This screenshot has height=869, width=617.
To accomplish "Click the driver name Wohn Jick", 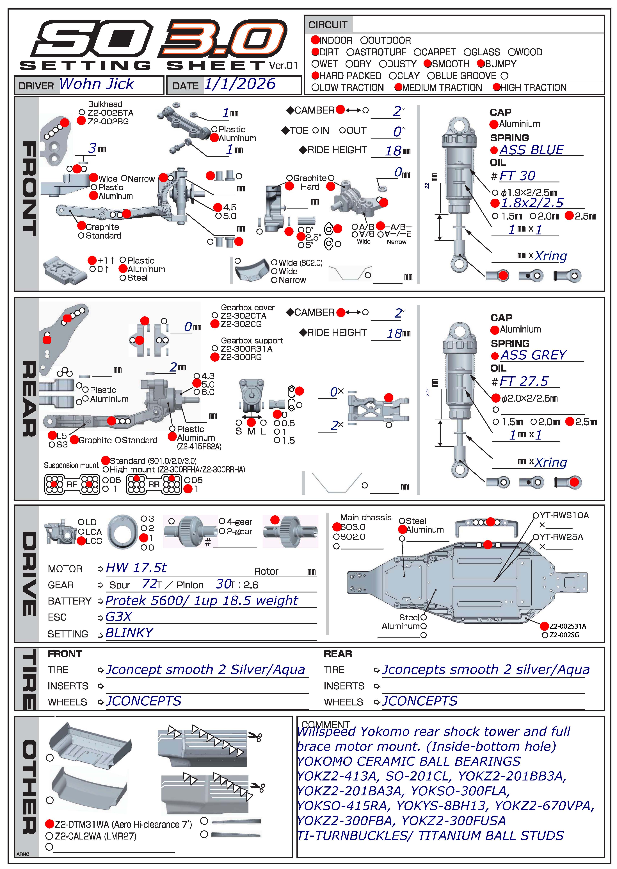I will tap(97, 84).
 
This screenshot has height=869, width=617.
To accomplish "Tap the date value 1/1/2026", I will tap(240, 84).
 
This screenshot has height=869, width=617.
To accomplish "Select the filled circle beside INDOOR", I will tap(315, 40).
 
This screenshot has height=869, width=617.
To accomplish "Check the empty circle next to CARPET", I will tap(418, 52).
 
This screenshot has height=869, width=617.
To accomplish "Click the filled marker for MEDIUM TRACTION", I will tap(398, 87).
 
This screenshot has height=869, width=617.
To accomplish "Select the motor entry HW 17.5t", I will tap(136, 568).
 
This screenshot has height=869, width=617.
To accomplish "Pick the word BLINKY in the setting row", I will tap(129, 633).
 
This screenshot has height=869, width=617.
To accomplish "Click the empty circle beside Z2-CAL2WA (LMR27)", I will tap(49, 836).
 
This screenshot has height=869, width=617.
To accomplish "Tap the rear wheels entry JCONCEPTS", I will tap(419, 701).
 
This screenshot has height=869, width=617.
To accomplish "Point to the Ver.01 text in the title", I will tap(284, 66).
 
